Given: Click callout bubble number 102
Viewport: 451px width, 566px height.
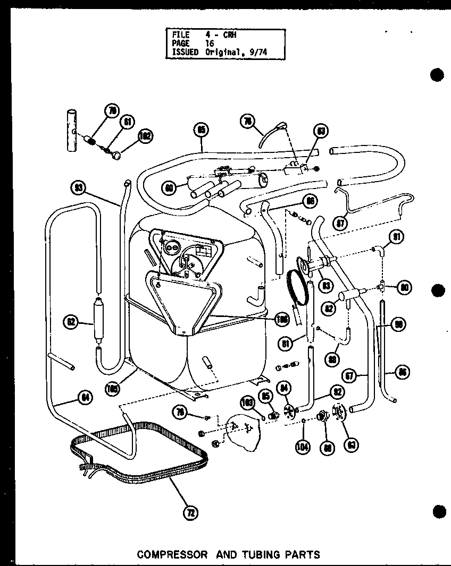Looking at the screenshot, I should (144, 136).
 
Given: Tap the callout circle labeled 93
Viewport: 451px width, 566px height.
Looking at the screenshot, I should (79, 187).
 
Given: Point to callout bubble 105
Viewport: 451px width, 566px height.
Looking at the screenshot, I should (113, 388).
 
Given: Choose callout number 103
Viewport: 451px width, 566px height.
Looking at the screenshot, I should (247, 402).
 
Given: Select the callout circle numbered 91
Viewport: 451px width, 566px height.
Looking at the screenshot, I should (397, 237).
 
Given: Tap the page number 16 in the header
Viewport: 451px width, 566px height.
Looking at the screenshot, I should (211, 44).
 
